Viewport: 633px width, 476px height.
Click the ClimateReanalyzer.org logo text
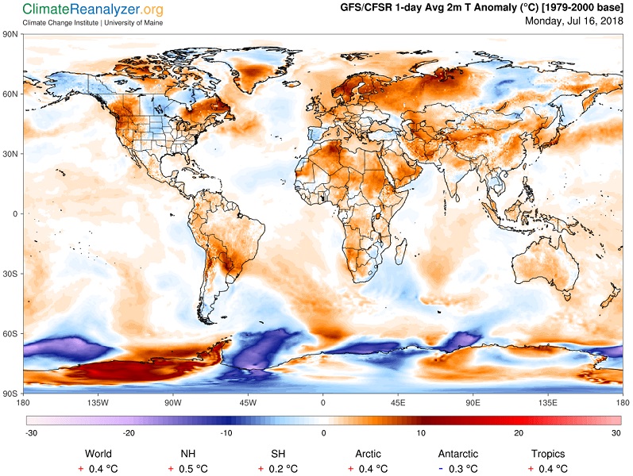click(x=93, y=9)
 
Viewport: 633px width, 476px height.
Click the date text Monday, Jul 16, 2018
click(x=574, y=21)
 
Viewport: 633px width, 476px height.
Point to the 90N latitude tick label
click(x=10, y=34)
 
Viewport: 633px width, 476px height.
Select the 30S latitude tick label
click(x=10, y=274)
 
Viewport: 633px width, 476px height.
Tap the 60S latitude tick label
click(x=10, y=334)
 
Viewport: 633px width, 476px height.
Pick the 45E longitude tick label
click(x=398, y=402)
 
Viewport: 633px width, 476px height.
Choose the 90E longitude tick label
click(x=473, y=402)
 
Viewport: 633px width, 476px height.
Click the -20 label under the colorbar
click(x=129, y=433)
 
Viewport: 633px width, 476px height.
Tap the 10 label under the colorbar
click(x=421, y=433)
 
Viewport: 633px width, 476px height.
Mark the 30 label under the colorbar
click(x=616, y=433)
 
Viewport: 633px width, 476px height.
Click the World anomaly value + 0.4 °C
click(x=98, y=469)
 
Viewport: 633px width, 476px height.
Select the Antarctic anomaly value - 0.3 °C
click(x=458, y=469)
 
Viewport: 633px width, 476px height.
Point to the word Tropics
click(x=548, y=454)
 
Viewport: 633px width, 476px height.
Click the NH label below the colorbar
click(x=188, y=454)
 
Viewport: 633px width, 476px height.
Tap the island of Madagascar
click(x=400, y=251)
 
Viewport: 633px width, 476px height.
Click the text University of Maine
click(x=133, y=23)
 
